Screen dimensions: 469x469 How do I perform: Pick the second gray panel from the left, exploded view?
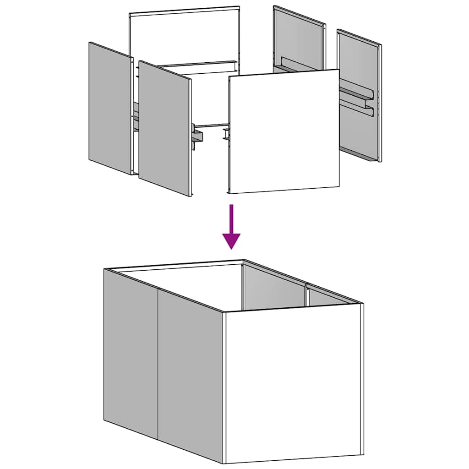164,128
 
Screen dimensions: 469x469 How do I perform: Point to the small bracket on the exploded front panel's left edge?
226,135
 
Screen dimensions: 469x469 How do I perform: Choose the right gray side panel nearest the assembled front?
191,371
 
